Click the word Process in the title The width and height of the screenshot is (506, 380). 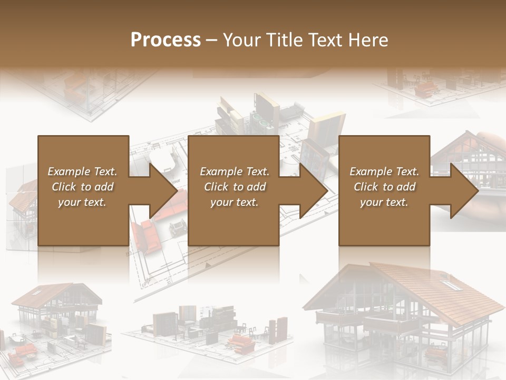166,40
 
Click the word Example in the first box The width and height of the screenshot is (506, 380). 69,172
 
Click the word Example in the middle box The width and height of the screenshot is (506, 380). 221,172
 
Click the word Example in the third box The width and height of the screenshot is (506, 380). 371,172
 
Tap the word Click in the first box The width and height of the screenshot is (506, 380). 64,187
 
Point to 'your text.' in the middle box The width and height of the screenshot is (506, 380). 235,202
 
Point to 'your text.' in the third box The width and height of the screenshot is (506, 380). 384,202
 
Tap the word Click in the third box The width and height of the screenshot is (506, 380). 366,187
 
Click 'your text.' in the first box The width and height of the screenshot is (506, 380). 82,202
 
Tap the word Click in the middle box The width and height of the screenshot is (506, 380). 216,187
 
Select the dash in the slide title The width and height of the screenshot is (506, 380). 211,40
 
